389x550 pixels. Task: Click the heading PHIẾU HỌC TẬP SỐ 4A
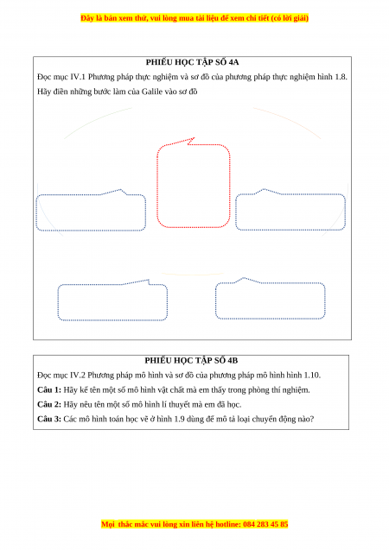click(192, 62)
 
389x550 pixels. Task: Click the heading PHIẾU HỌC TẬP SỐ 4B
click(191, 361)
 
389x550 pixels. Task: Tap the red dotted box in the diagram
click(157, 186)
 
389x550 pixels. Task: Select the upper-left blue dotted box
click(36, 212)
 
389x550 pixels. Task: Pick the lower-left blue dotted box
click(58, 302)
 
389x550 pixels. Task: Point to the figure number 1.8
click(341, 77)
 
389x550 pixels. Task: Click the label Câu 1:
click(49, 390)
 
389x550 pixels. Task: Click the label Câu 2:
click(49, 405)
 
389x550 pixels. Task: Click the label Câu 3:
click(49, 419)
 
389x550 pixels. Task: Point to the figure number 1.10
click(312, 376)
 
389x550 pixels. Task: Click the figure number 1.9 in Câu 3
click(179, 419)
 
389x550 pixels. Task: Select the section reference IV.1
click(78, 77)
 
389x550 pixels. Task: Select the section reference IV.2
click(78, 376)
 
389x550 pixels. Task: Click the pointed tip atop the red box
click(194, 138)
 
